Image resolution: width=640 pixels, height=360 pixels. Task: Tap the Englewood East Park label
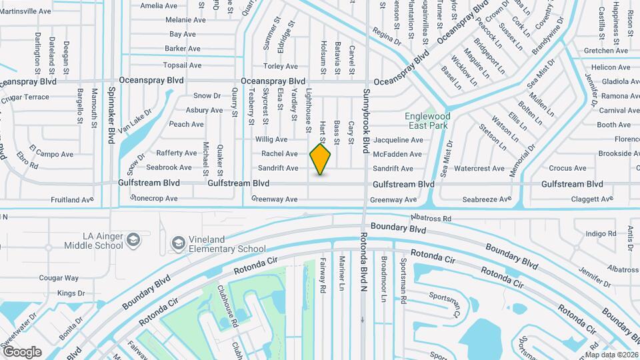click(x=427, y=121)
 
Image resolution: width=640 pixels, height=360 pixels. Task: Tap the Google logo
click(x=22, y=351)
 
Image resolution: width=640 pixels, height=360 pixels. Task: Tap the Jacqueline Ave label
click(x=398, y=140)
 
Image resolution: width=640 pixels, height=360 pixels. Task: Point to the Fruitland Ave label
click(x=72, y=199)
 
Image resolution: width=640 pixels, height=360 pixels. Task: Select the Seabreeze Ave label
click(x=487, y=199)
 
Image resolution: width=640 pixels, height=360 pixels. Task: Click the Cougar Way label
click(x=59, y=278)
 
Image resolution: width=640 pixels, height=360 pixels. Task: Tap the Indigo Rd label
click(x=601, y=233)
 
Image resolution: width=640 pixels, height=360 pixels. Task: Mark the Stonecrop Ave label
click(x=154, y=198)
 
